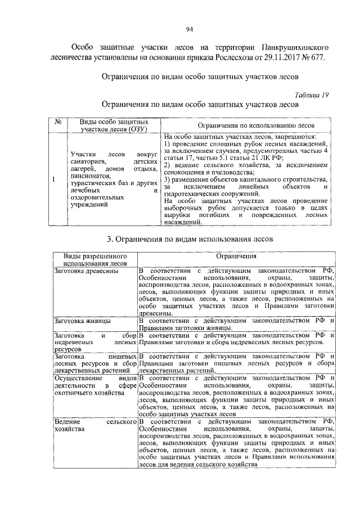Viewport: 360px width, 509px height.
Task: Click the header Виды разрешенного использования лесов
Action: [x=92, y=259]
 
